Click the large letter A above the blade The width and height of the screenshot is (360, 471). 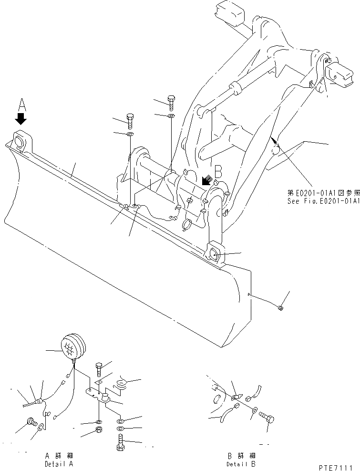[x=21, y=104]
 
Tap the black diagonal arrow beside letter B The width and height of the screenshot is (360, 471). [x=207, y=180]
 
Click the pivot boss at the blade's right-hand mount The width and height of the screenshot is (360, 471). [x=214, y=253]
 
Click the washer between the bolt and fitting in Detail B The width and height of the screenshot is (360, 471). [x=254, y=409]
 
